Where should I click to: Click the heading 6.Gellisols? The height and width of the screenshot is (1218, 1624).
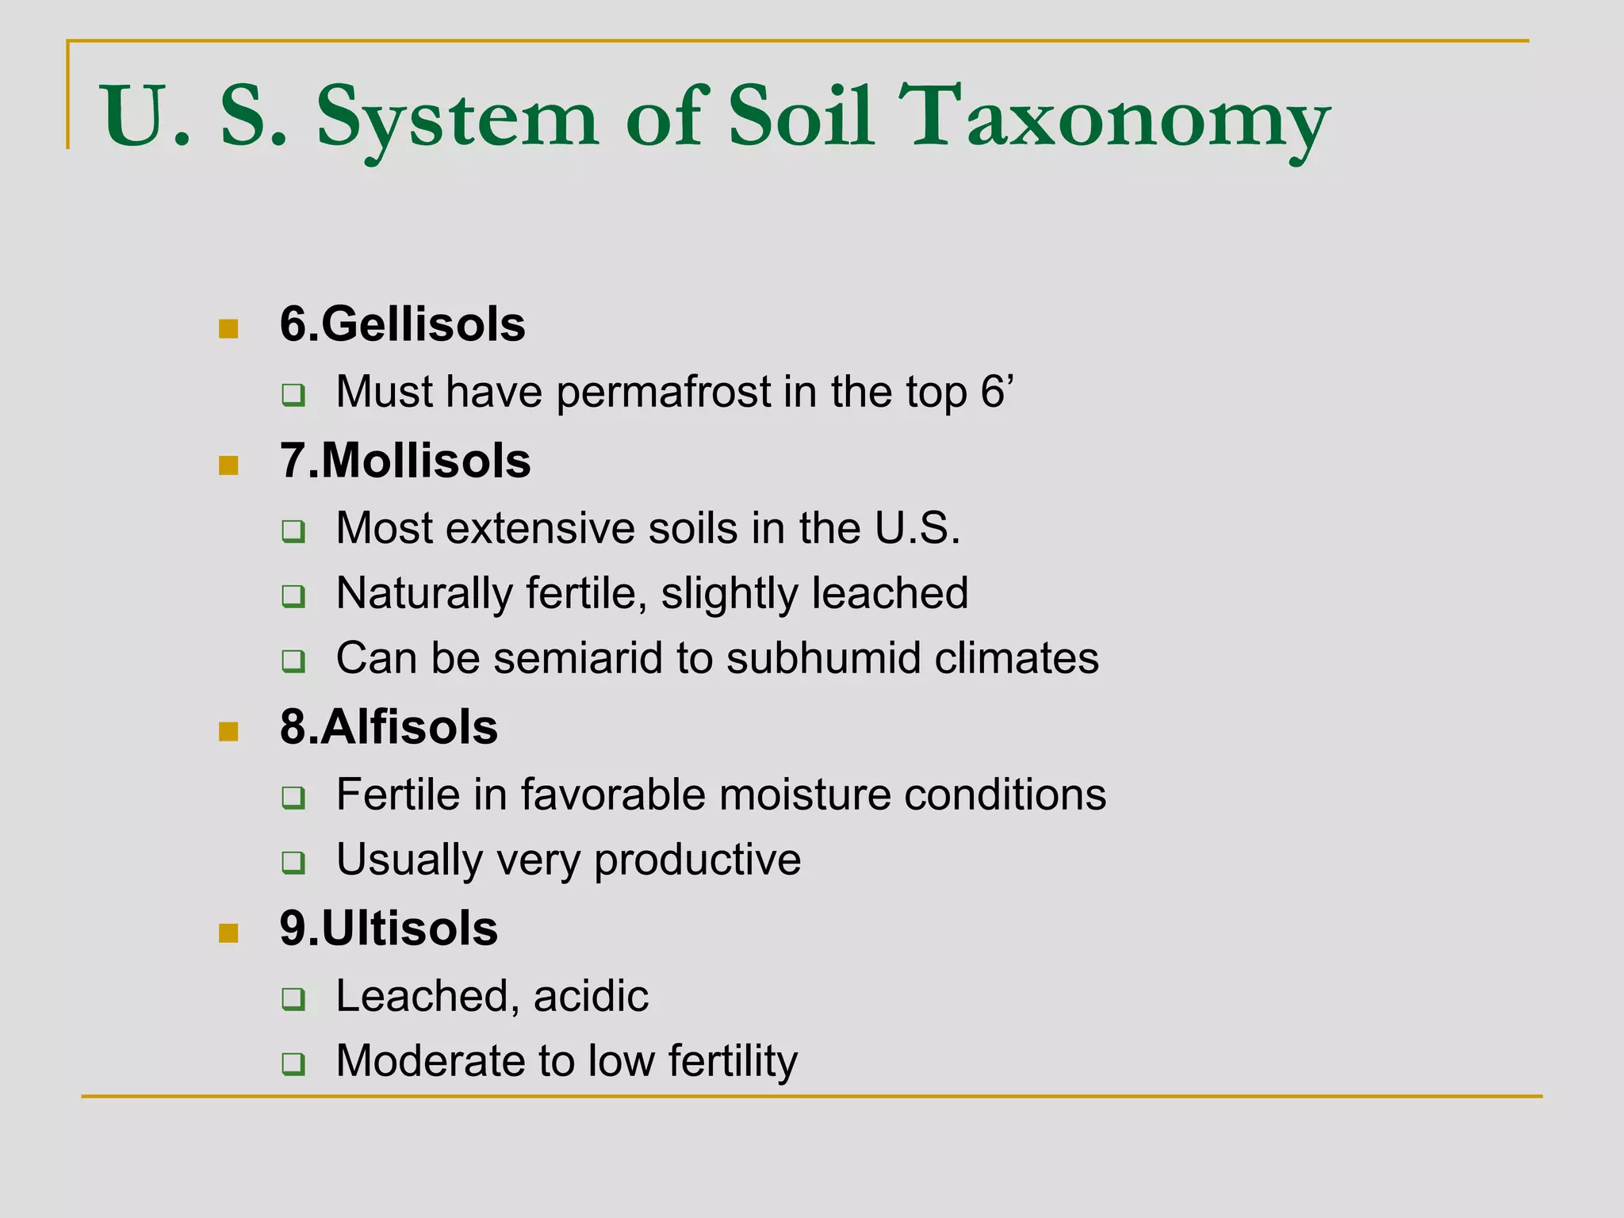(402, 324)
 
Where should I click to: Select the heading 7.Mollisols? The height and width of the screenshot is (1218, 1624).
(404, 461)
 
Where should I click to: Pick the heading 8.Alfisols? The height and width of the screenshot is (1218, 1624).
(389, 727)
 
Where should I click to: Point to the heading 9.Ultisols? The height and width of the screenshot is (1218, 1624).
(389, 929)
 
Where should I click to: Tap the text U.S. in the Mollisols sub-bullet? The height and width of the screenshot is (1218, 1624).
(917, 528)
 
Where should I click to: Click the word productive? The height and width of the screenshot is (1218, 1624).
(697, 860)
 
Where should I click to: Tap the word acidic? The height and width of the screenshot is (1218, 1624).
(591, 996)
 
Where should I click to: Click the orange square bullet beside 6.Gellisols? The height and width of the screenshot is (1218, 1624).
(228, 328)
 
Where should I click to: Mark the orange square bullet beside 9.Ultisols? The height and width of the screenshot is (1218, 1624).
(228, 933)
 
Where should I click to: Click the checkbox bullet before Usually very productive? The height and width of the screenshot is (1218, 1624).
(293, 862)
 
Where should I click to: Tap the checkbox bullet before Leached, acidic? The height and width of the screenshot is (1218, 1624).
(293, 998)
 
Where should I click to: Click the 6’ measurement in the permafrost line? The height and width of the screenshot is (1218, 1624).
(998, 393)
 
